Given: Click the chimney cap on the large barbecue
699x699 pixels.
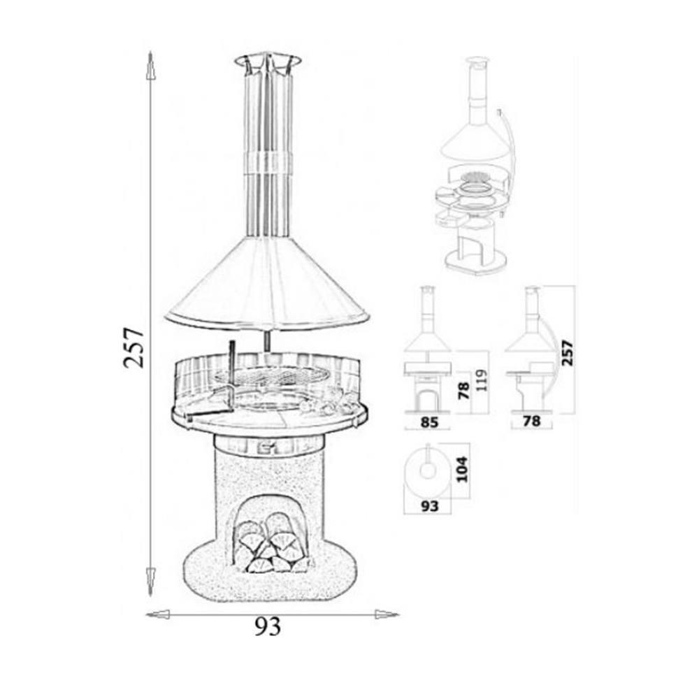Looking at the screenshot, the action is [x=268, y=64].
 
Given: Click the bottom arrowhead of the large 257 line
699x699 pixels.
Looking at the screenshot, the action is [x=151, y=581].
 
